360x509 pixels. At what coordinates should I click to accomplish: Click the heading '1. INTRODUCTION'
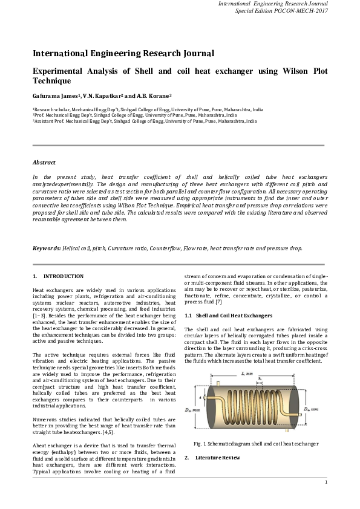tap(58, 276)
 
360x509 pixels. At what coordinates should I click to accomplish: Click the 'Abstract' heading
tap(44, 163)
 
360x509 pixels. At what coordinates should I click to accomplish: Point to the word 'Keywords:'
tap(47, 248)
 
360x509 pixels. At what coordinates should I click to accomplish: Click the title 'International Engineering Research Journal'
tap(123, 54)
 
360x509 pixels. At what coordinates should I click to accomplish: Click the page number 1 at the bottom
tap(326, 482)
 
